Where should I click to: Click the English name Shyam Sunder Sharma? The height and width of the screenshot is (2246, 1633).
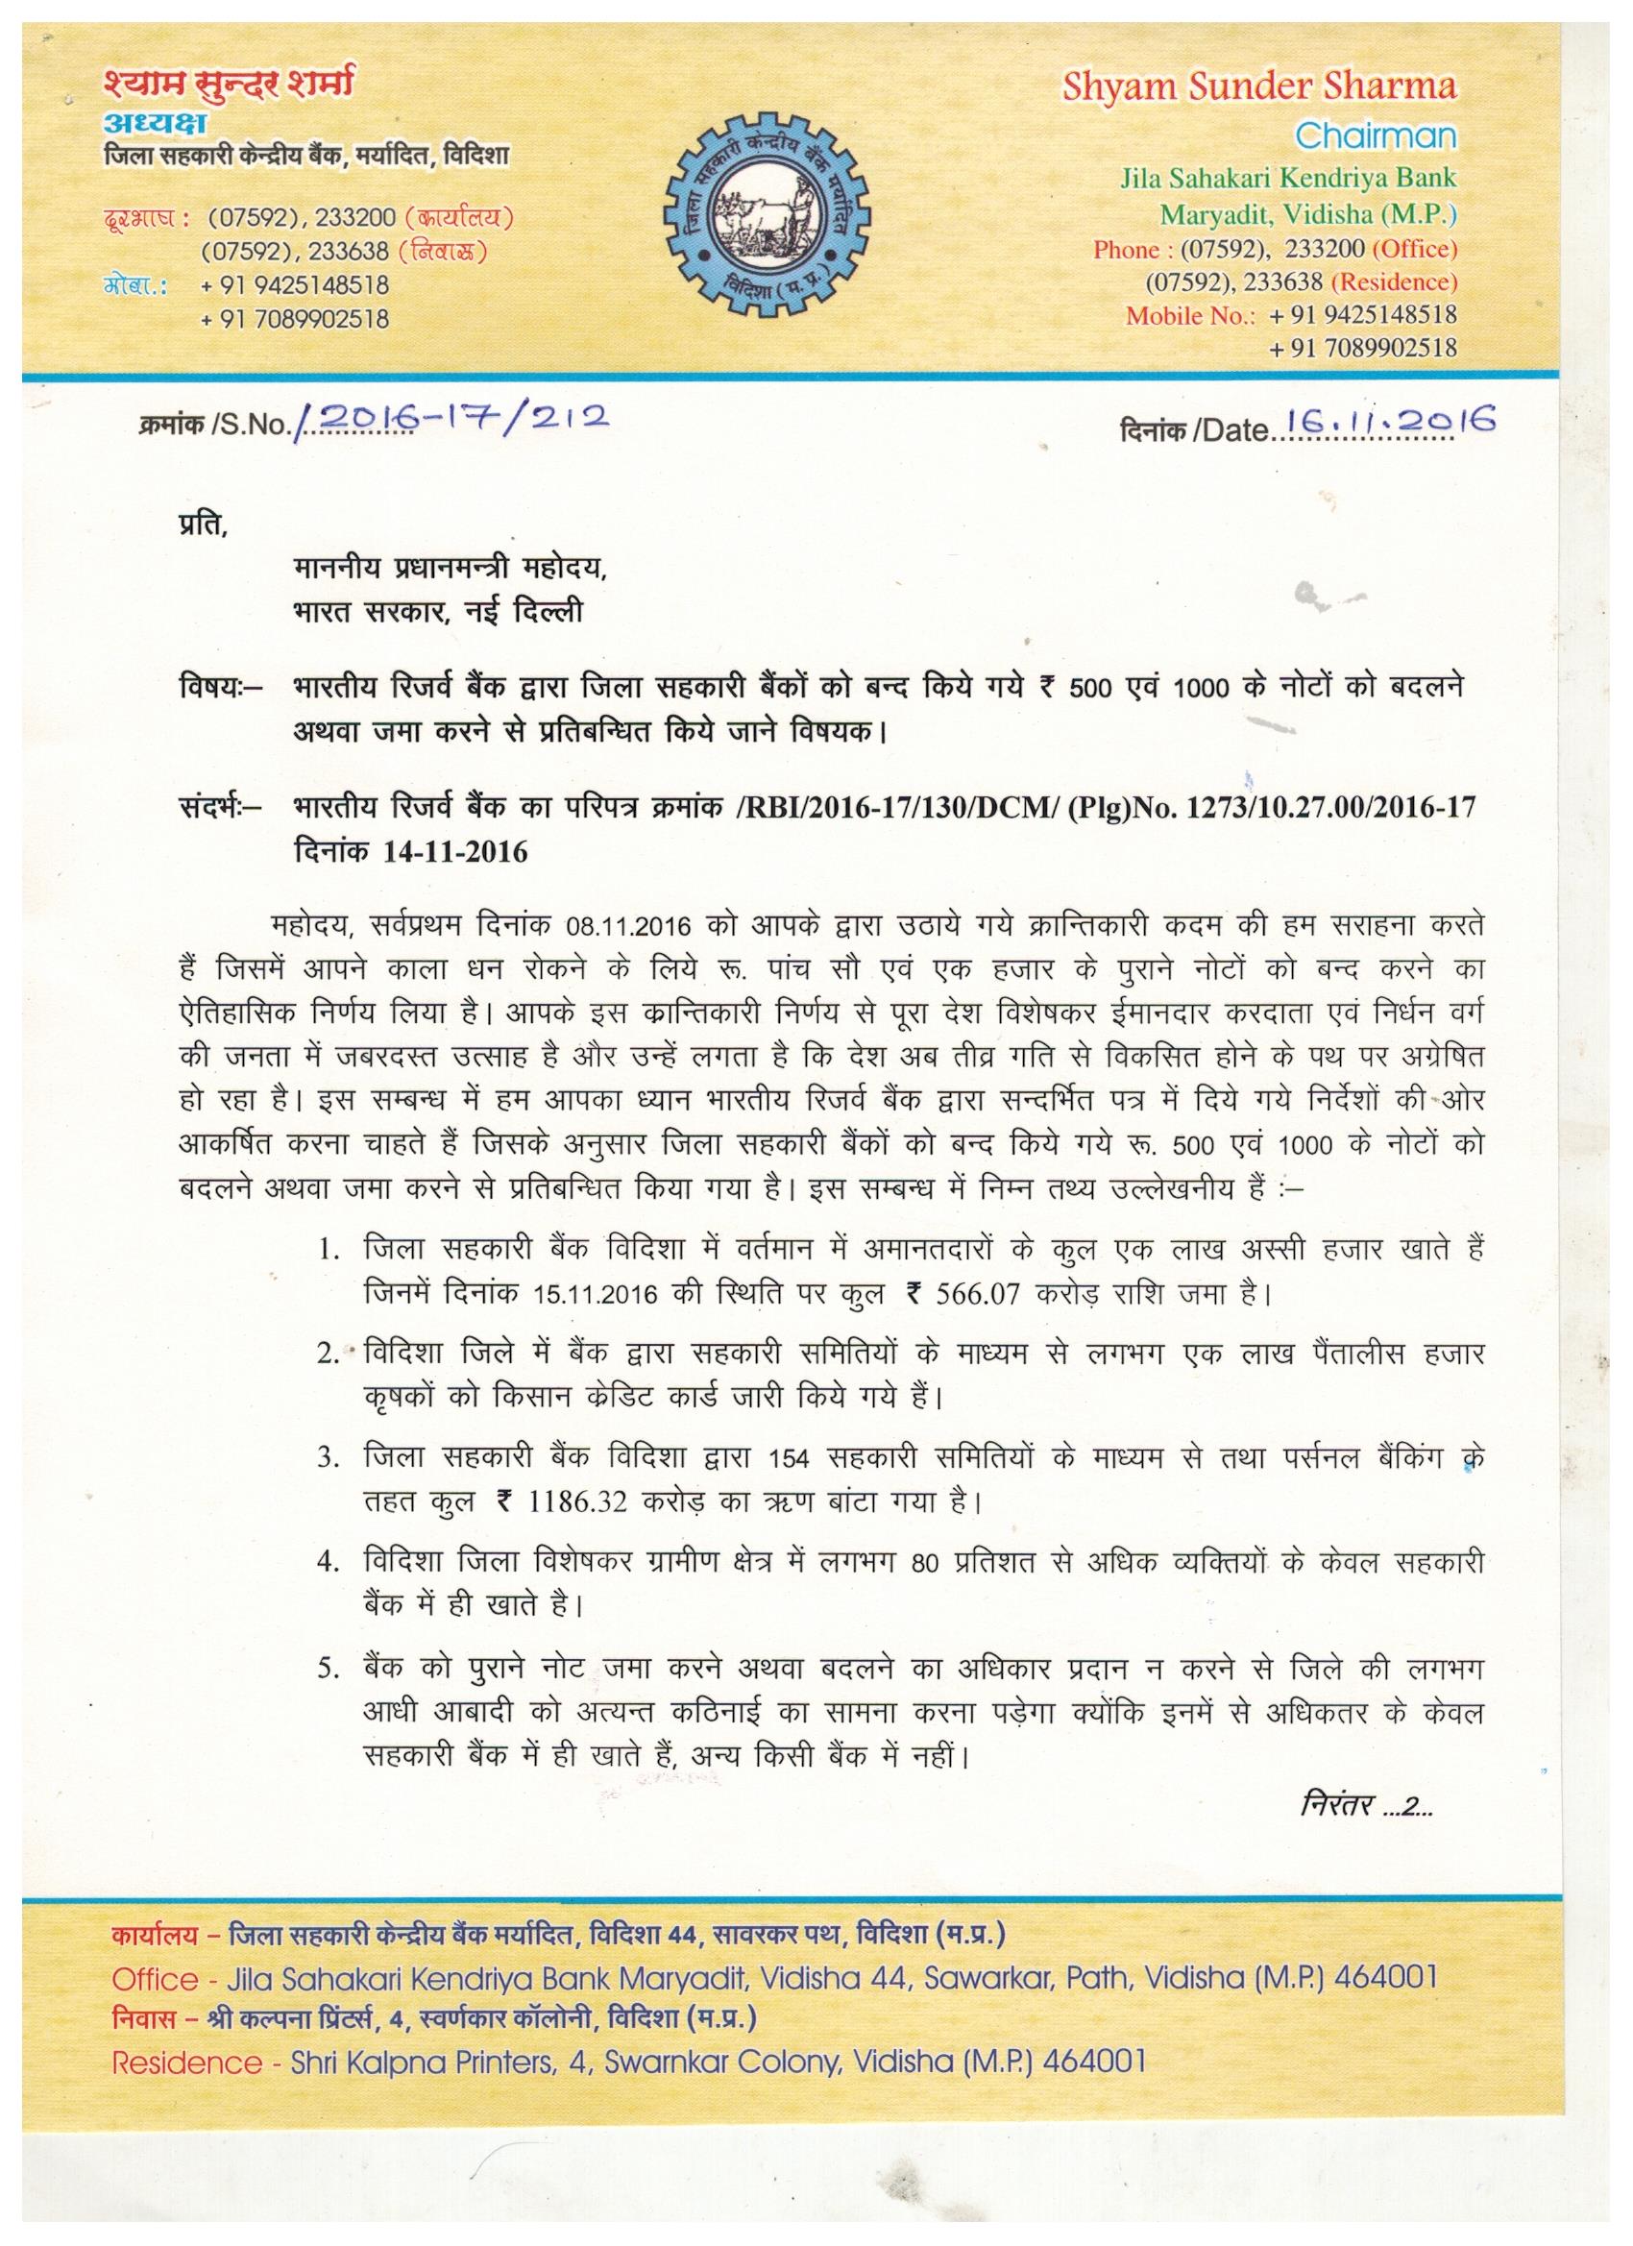(x=1258, y=87)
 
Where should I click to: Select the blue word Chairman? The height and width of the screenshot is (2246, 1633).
(x=1376, y=135)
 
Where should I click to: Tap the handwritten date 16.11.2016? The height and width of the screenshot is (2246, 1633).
(x=1386, y=424)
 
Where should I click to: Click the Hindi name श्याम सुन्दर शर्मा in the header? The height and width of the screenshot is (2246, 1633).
(x=227, y=87)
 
